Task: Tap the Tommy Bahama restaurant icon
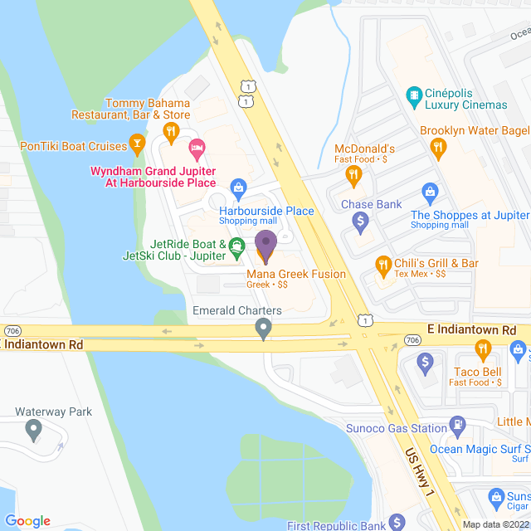[x=171, y=130]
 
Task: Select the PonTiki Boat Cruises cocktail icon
[x=137, y=147]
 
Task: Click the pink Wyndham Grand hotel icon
[x=197, y=150]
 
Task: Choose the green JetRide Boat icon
[x=236, y=245]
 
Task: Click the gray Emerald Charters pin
[x=264, y=329]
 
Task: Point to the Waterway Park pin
[x=33, y=430]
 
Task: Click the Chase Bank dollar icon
[x=360, y=222]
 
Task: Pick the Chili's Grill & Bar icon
[x=382, y=266]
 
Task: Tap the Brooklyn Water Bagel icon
[x=438, y=149]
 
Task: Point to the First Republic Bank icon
[x=397, y=522]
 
